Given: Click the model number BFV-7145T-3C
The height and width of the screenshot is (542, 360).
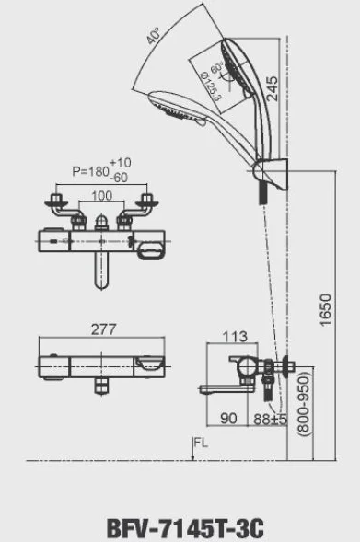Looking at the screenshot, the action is pyautogui.click(x=185, y=528).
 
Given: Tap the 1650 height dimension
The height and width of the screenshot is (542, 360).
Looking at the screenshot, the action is pyautogui.click(x=325, y=310).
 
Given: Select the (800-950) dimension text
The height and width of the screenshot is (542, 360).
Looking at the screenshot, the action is pyautogui.click(x=304, y=403).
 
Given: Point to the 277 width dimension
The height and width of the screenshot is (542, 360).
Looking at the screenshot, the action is pyautogui.click(x=104, y=329).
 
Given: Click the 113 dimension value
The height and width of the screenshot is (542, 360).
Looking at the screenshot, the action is pyautogui.click(x=235, y=336).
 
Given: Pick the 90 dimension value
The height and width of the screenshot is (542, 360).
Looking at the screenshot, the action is pyautogui.click(x=228, y=419).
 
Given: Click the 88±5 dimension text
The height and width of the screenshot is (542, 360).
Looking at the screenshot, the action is pyautogui.click(x=270, y=419).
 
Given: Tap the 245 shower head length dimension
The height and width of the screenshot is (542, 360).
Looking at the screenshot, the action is pyautogui.click(x=272, y=88).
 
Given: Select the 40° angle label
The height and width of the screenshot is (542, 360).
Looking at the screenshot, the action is pyautogui.click(x=154, y=36).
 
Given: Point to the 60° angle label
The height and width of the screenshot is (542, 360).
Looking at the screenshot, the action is pyautogui.click(x=217, y=67).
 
